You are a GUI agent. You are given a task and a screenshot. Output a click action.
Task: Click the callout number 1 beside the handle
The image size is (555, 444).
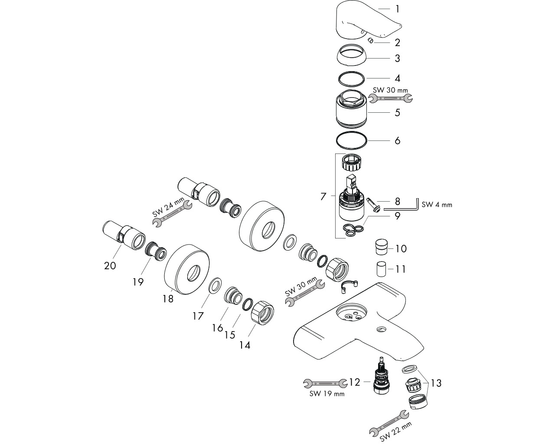[397, 9]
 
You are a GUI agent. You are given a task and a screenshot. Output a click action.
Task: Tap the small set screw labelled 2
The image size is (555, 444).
[371, 40]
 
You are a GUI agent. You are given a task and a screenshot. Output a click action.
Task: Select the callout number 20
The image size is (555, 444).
[110, 265]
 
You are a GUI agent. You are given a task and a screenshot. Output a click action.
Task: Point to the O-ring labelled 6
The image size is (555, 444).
[352, 140]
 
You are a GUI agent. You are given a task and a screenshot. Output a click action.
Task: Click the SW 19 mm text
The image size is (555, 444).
[327, 394]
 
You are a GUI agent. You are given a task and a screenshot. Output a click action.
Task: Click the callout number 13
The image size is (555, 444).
[436, 383]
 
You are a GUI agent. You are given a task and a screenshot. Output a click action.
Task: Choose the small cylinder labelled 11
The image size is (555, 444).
[381, 269]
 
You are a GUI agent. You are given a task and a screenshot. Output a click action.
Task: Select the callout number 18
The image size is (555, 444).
[168, 299]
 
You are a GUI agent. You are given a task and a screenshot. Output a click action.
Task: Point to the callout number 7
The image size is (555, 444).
[323, 196]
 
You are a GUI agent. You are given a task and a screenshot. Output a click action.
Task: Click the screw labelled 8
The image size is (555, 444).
[373, 203]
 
